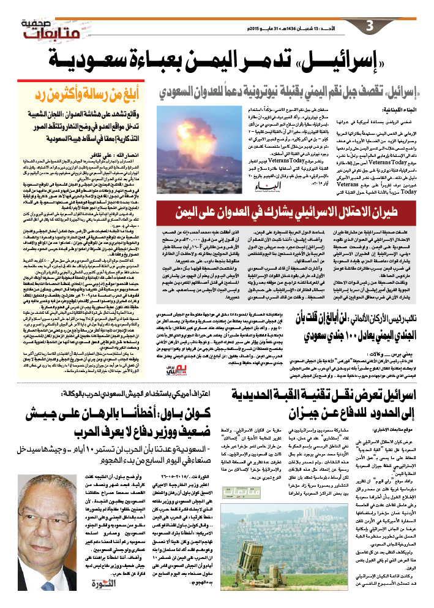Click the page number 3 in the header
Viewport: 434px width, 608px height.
click(x=369, y=27)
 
